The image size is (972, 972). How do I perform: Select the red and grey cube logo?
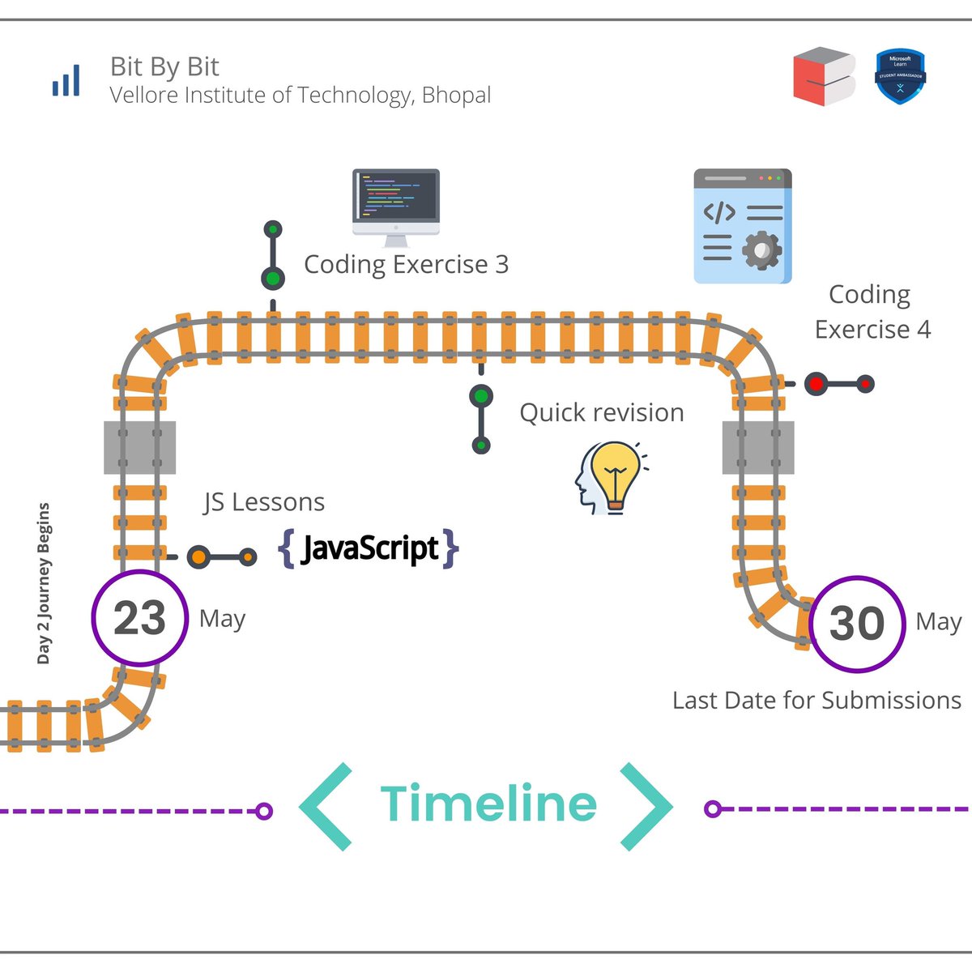coord(825,77)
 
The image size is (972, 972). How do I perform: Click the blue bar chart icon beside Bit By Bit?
coord(66,80)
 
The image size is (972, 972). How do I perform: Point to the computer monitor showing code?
coord(396,207)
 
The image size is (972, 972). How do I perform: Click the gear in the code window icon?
coord(761,249)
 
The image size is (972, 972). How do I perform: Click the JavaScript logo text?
coord(369,548)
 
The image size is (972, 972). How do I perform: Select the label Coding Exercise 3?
coord(407,265)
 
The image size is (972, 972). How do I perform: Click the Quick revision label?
coord(602,412)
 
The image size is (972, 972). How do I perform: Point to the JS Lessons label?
coord(264,502)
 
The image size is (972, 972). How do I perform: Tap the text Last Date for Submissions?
coord(817,700)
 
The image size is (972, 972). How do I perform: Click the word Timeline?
coord(488,803)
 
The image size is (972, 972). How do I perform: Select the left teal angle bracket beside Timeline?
coord(326,807)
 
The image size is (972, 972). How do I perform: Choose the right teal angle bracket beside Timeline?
coord(646,807)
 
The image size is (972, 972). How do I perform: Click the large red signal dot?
coord(816,385)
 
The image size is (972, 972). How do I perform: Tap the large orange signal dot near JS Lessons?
coord(199,557)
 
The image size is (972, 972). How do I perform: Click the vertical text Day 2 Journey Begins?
coord(44,583)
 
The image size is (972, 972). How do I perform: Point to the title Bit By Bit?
coord(164,67)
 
